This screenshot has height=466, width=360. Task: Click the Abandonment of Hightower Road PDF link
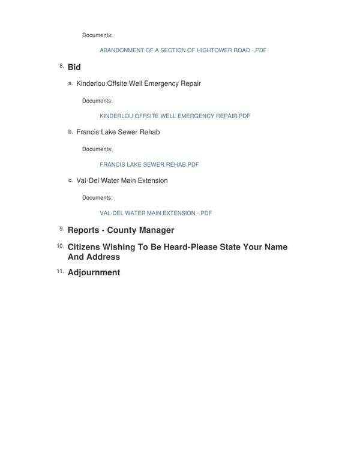point(183,50)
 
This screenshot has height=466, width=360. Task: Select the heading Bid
point(74,67)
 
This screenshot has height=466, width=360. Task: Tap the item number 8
point(61,66)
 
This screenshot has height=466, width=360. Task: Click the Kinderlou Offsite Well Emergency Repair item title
point(138,83)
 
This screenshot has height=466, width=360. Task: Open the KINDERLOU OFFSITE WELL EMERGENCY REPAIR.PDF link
point(175,116)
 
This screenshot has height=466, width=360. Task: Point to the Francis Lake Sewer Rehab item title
point(118,132)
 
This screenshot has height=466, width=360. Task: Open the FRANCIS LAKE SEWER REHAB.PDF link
point(149,164)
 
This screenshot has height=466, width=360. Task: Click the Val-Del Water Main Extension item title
point(122,181)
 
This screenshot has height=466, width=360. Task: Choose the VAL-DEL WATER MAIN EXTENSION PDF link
point(155,213)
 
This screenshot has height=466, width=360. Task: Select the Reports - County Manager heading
point(121,230)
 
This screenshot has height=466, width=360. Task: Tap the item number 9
point(61,229)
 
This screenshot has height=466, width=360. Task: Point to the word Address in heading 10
point(103,257)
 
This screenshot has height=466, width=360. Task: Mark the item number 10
point(60,246)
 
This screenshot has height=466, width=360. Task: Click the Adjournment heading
point(94,272)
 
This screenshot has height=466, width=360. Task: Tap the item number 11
point(60,271)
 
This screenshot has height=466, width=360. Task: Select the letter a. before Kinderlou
point(70,83)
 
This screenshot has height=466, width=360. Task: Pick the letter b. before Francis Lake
point(70,131)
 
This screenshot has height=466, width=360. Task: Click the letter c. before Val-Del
point(70,180)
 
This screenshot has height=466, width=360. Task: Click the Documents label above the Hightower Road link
point(97,35)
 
